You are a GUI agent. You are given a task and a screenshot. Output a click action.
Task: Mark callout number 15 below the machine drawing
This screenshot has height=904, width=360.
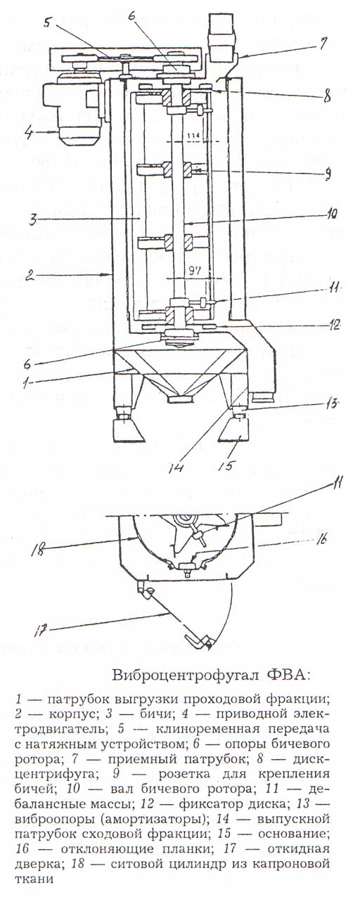pyautogui.click(x=226, y=466)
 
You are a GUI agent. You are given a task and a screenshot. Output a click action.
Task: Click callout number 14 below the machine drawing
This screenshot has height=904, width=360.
pyautogui.click(x=176, y=467)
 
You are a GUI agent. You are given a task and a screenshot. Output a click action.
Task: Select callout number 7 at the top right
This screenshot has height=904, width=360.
pyautogui.click(x=323, y=44)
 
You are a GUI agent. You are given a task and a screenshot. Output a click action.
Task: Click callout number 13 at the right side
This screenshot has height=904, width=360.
pyautogui.click(x=334, y=403)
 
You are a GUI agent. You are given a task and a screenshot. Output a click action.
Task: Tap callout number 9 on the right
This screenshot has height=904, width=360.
pyautogui.click(x=328, y=173)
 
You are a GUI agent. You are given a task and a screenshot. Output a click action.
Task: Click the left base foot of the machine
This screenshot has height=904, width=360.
pyautogui.click(x=129, y=430)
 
